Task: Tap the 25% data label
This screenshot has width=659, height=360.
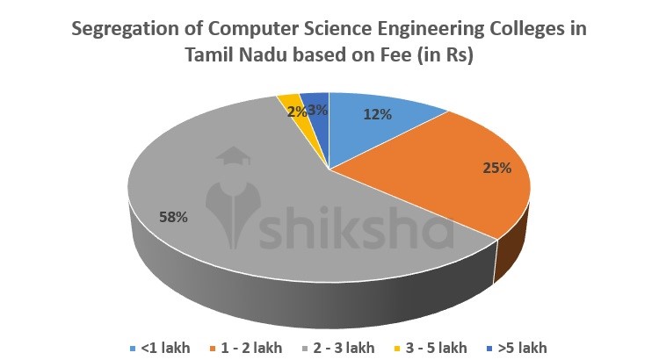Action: point(497,168)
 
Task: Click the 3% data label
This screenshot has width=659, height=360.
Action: point(318,110)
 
